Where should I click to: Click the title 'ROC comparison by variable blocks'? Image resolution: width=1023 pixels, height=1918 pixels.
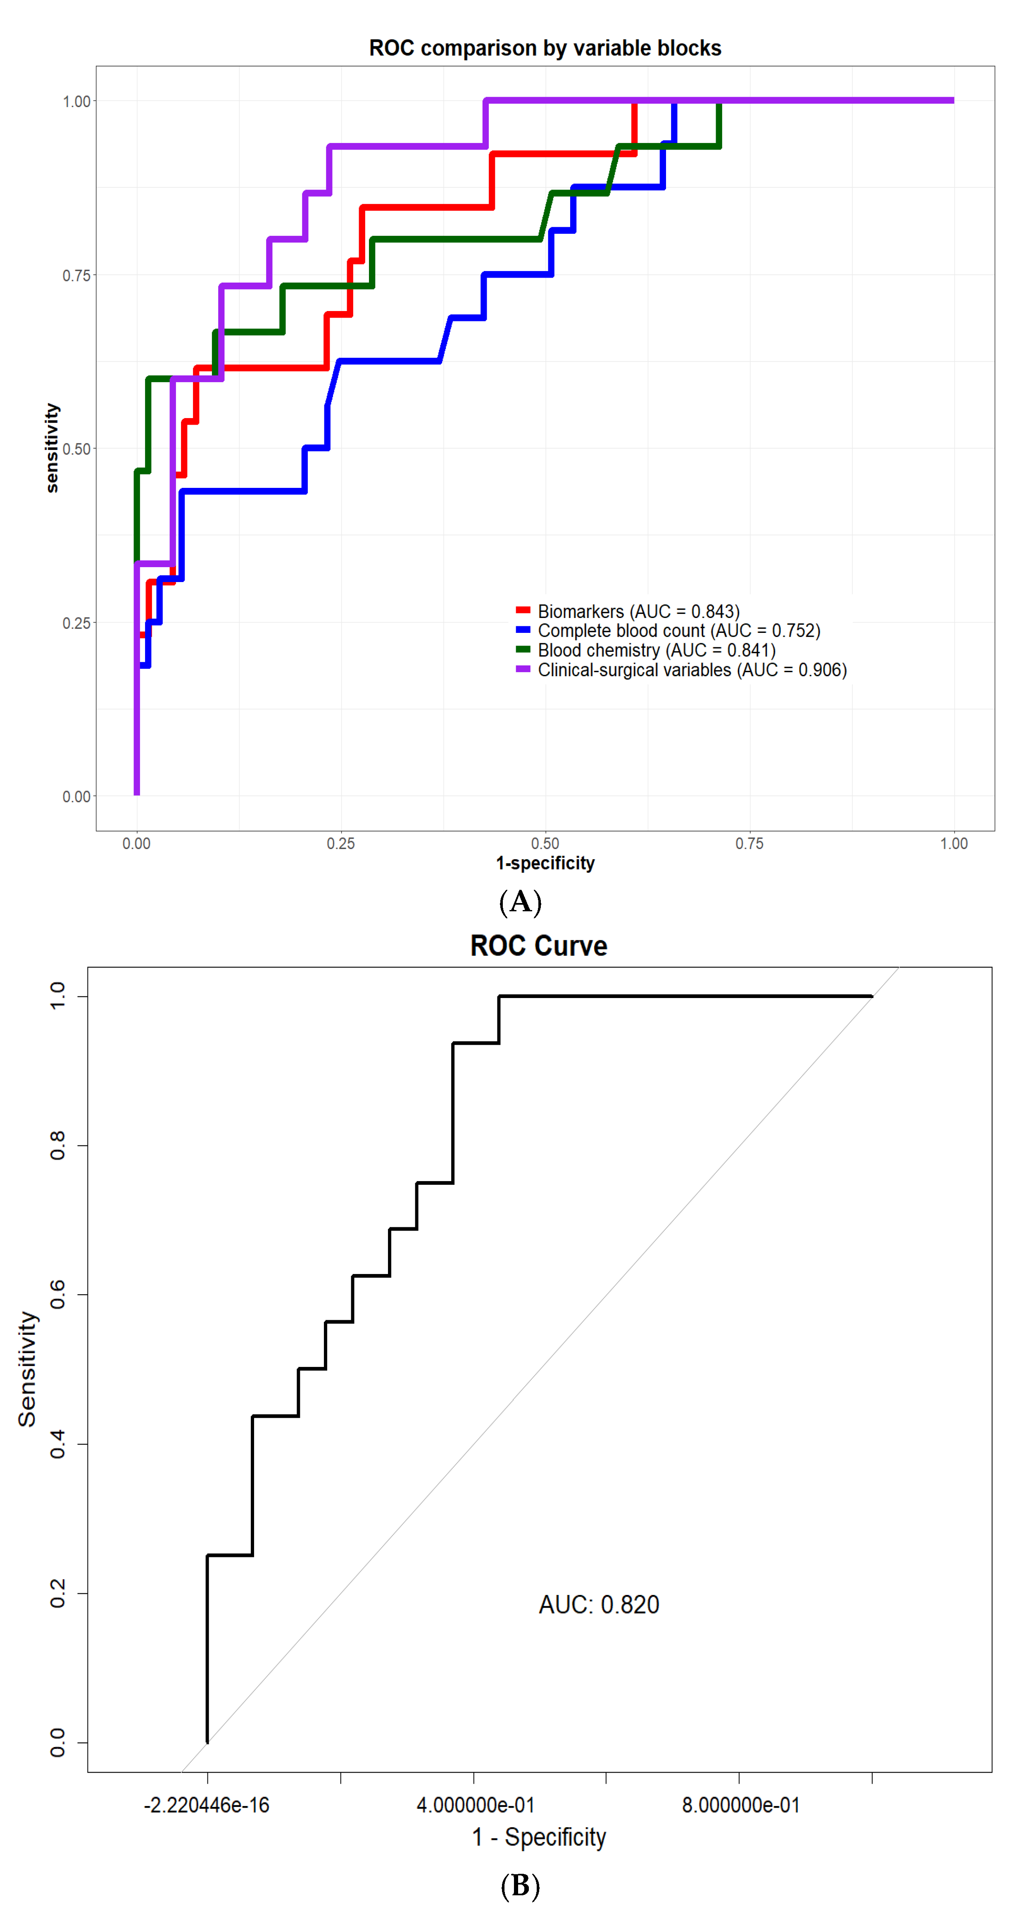click(x=545, y=48)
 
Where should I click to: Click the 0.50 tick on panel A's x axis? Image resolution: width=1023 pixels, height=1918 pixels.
click(x=545, y=844)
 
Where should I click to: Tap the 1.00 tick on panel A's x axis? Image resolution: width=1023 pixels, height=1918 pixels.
click(x=953, y=844)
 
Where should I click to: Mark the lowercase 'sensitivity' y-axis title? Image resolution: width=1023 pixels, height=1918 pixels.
click(x=51, y=448)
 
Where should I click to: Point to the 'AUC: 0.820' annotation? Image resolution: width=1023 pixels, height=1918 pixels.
click(x=599, y=1604)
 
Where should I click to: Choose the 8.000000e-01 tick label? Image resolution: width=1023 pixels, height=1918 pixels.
click(x=741, y=1806)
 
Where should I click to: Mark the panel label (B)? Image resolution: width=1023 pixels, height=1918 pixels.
click(x=520, y=1885)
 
